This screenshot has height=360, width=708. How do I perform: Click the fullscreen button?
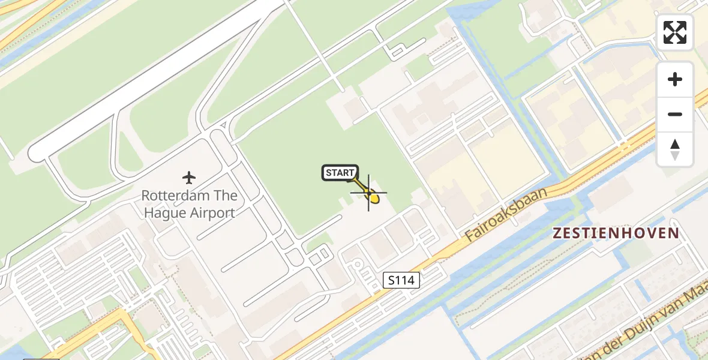click(675, 32)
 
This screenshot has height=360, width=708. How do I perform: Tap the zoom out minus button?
click(675, 114)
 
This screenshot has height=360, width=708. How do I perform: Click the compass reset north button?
click(675, 149)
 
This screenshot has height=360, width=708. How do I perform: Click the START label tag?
click(340, 173)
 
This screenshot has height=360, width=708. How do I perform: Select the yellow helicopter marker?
click(373, 197)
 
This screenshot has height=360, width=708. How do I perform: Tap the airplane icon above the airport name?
click(190, 178)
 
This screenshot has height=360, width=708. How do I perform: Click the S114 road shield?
click(401, 280)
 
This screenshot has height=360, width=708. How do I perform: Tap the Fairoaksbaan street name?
click(507, 214)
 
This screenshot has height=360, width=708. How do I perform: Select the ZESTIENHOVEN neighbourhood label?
click(616, 233)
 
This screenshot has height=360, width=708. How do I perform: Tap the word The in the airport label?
click(226, 196)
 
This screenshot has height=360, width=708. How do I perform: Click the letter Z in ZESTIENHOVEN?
click(556, 233)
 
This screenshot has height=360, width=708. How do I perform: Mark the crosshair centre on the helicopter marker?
click(368, 193)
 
